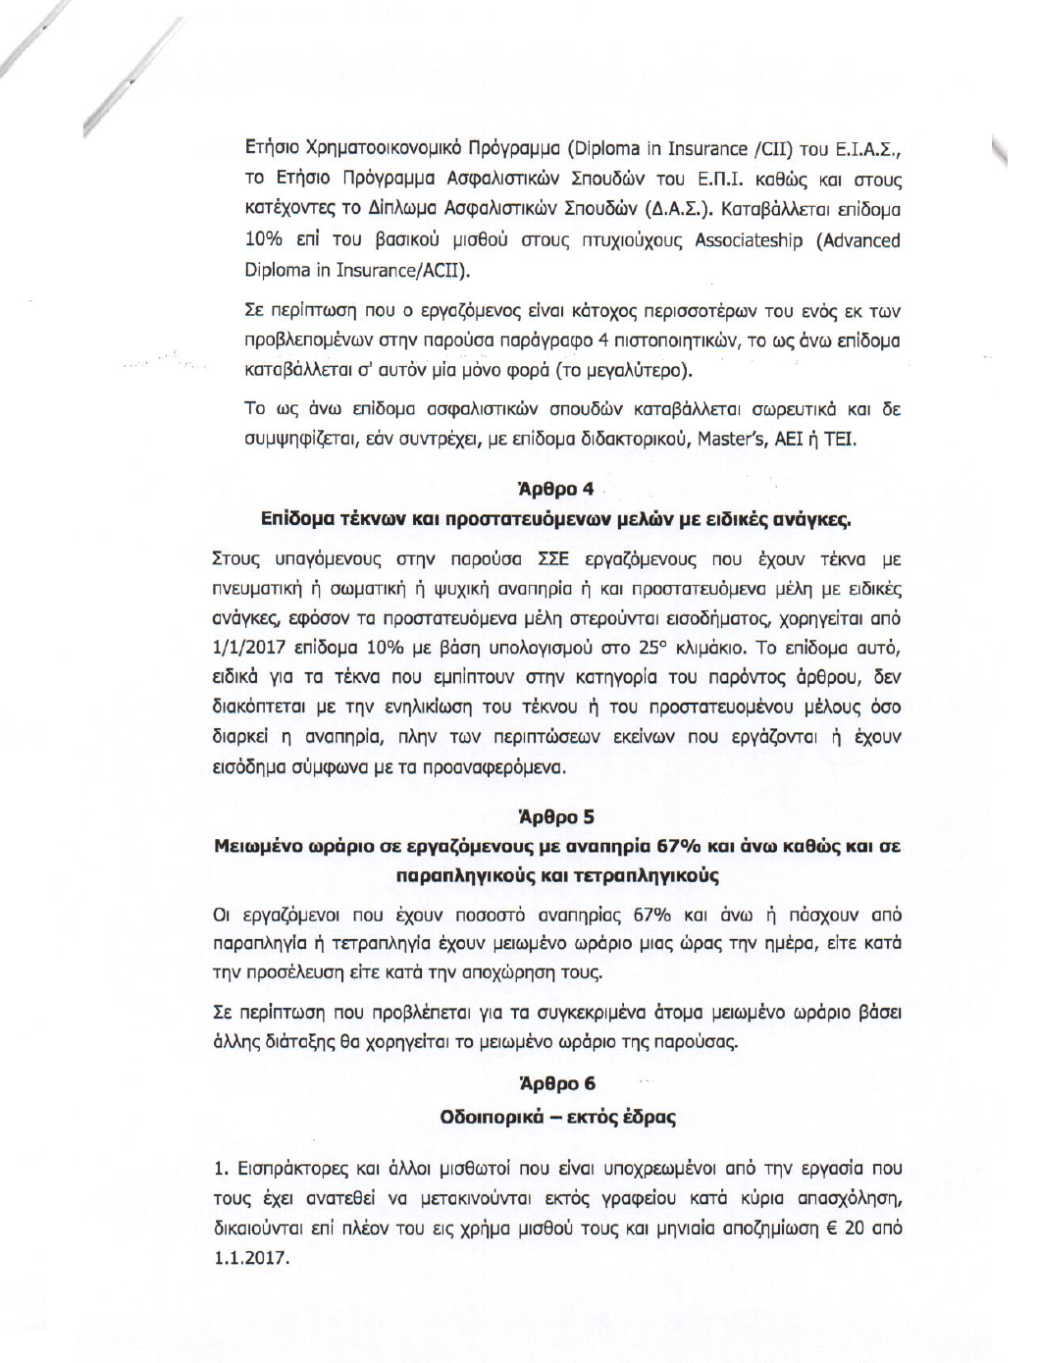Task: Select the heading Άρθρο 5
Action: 555,816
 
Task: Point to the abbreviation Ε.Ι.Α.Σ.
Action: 867,150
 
